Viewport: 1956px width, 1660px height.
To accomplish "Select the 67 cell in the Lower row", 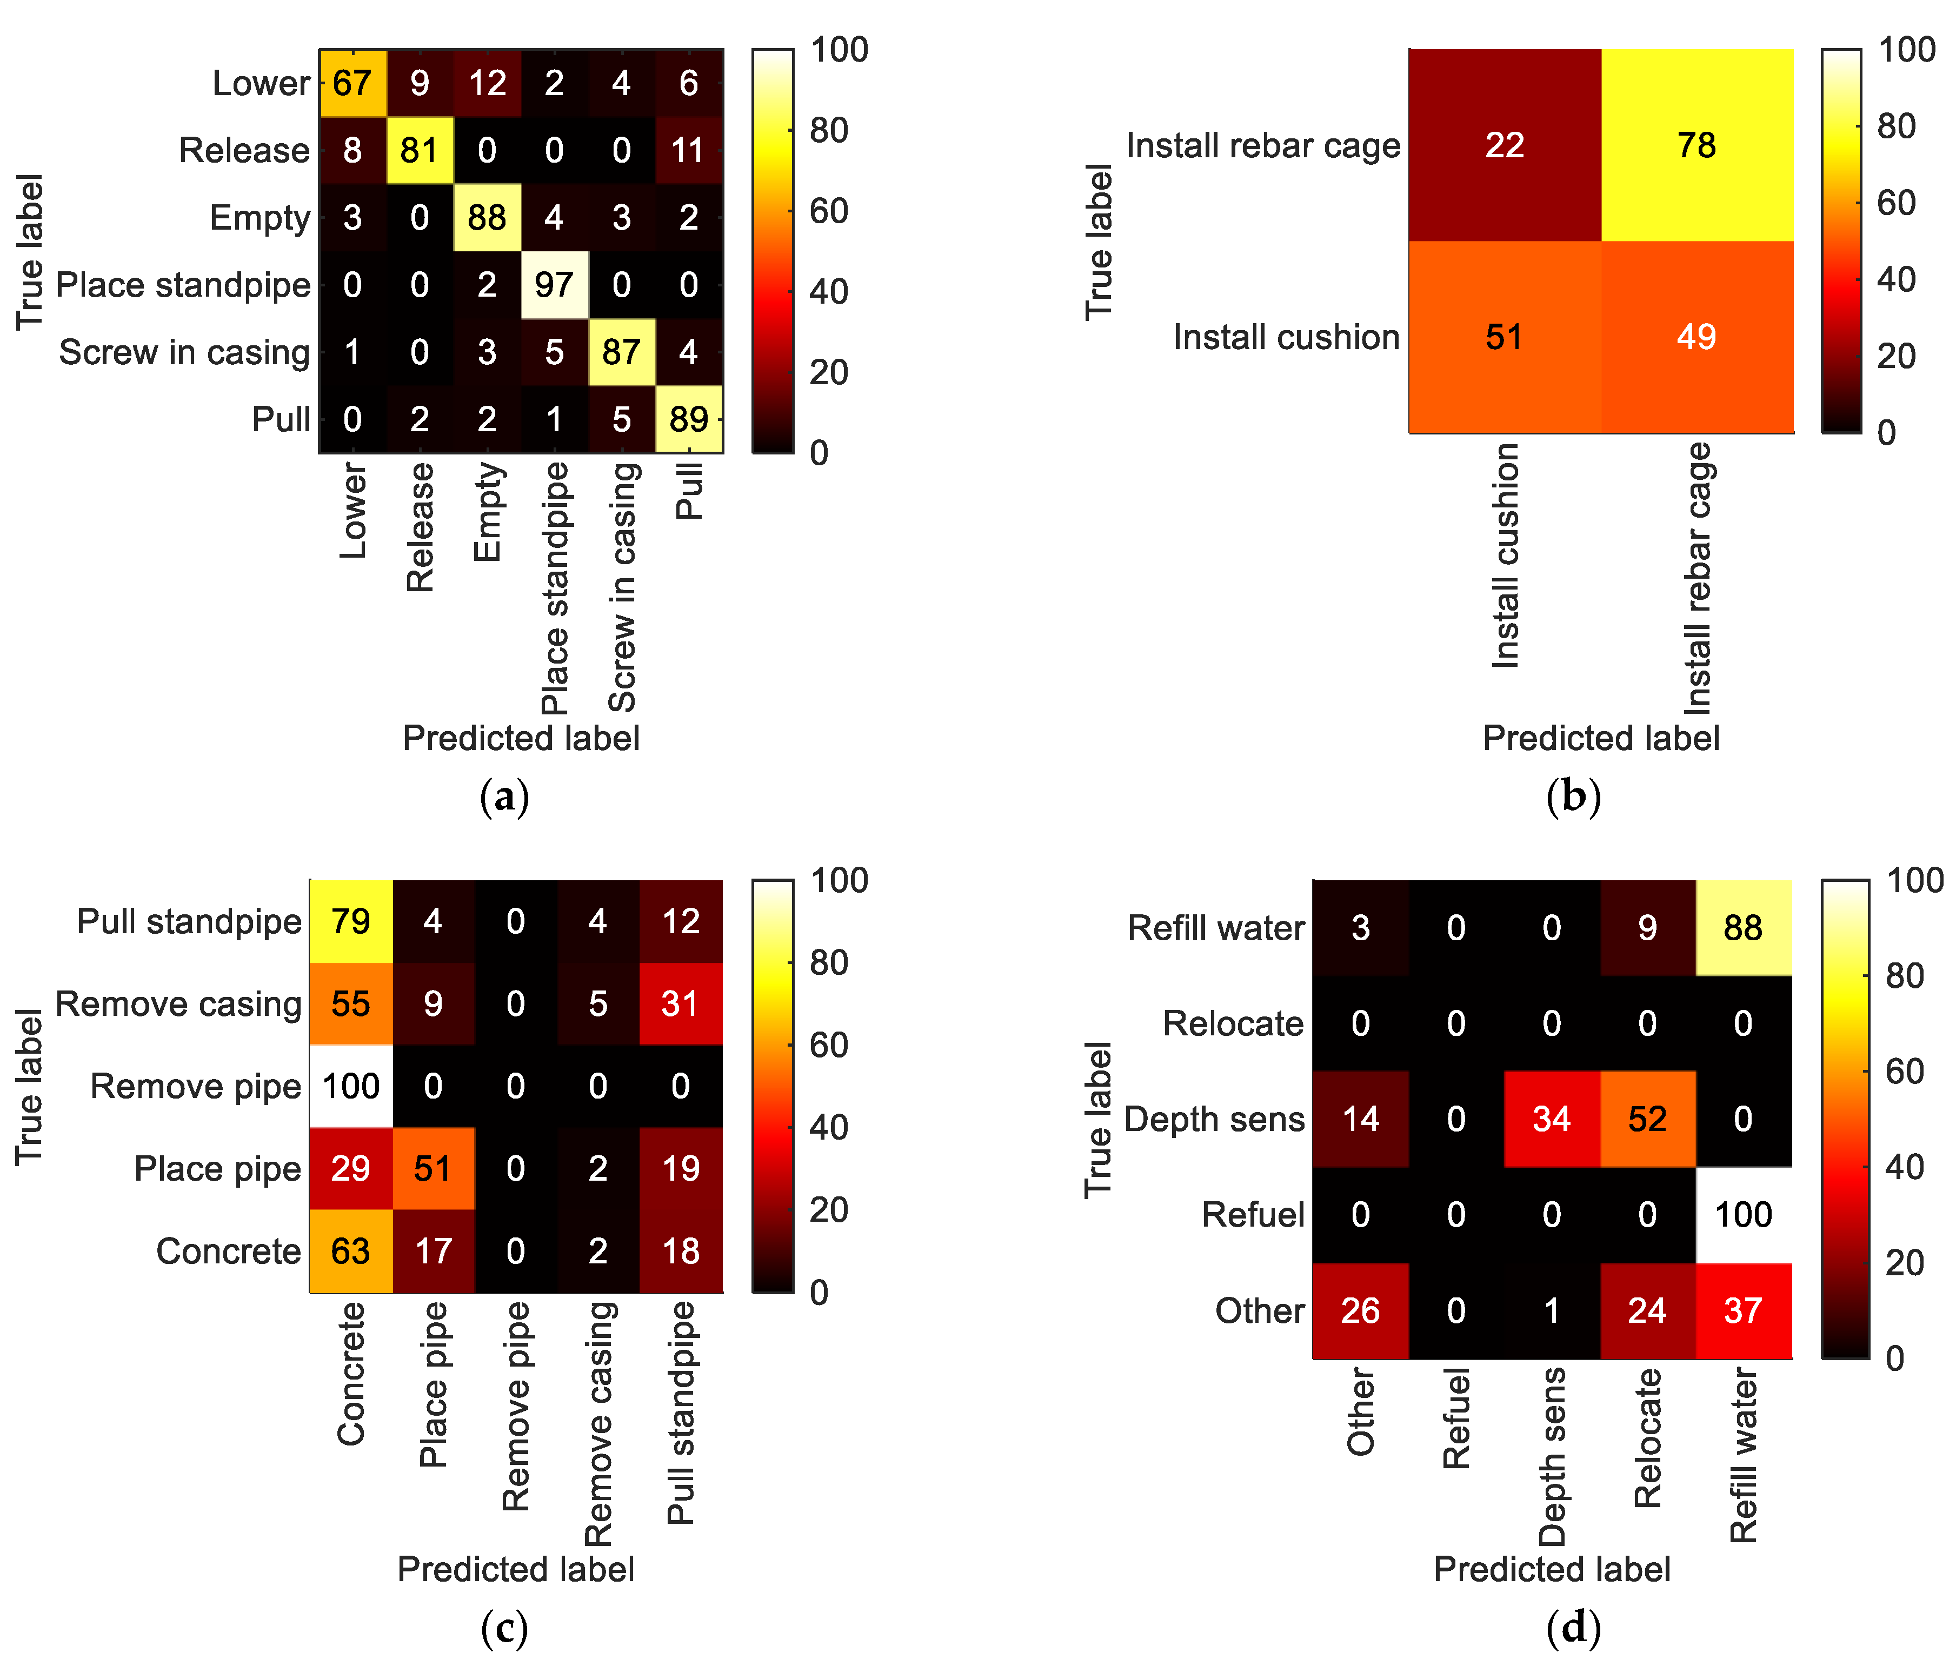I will [x=352, y=83].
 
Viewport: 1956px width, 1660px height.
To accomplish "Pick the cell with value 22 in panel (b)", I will [x=1504, y=145].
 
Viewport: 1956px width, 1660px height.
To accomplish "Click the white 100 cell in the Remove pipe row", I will [x=350, y=1086].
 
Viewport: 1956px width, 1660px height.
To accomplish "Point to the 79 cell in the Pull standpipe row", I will [x=350, y=921].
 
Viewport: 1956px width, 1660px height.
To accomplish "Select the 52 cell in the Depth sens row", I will [x=1647, y=1119].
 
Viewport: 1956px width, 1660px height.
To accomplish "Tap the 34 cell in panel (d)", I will [x=1551, y=1119].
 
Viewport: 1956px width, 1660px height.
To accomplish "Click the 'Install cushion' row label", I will [x=1286, y=337].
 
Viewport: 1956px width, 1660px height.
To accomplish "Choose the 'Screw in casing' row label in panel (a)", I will [x=184, y=352].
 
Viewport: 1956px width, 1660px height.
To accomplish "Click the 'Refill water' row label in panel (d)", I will [x=1215, y=928].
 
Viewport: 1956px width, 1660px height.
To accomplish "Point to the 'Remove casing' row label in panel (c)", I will [x=179, y=1004].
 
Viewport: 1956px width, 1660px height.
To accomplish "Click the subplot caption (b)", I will [x=1573, y=796].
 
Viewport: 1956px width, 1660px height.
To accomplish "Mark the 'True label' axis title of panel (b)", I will [x=1099, y=242].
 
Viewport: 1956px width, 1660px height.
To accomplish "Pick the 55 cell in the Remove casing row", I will [x=350, y=1004].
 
